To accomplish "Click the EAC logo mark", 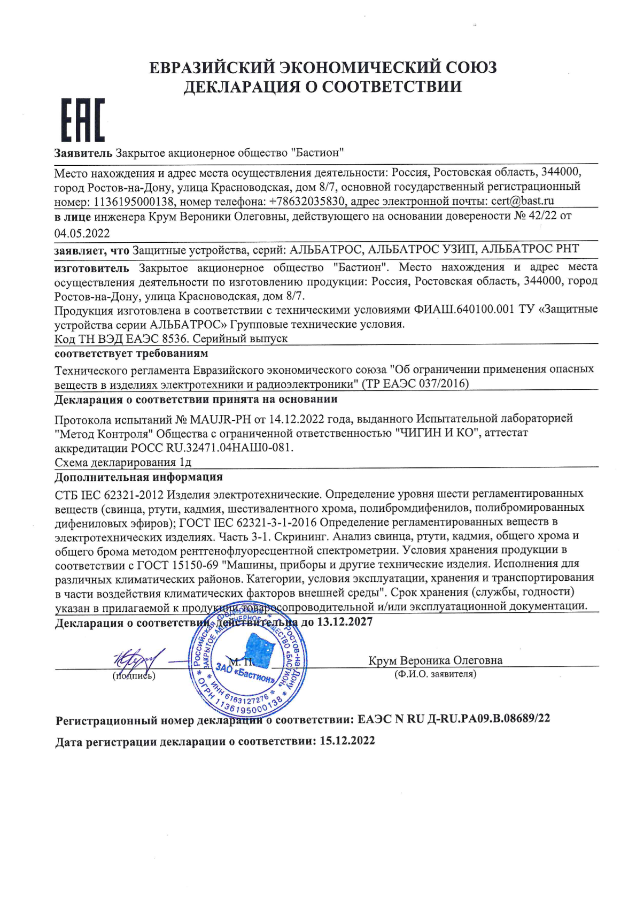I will point(82,120).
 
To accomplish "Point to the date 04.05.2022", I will point(82,233).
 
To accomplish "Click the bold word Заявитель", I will point(83,153).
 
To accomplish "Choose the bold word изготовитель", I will point(92,267).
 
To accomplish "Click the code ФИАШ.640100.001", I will point(464,309).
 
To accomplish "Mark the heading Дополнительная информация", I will point(138,477).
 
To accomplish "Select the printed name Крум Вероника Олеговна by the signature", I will point(435,660).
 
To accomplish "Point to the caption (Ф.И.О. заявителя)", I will point(435,674).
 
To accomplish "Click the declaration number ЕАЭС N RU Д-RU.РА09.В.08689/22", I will point(454,719).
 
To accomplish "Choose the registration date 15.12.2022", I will point(347,741).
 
